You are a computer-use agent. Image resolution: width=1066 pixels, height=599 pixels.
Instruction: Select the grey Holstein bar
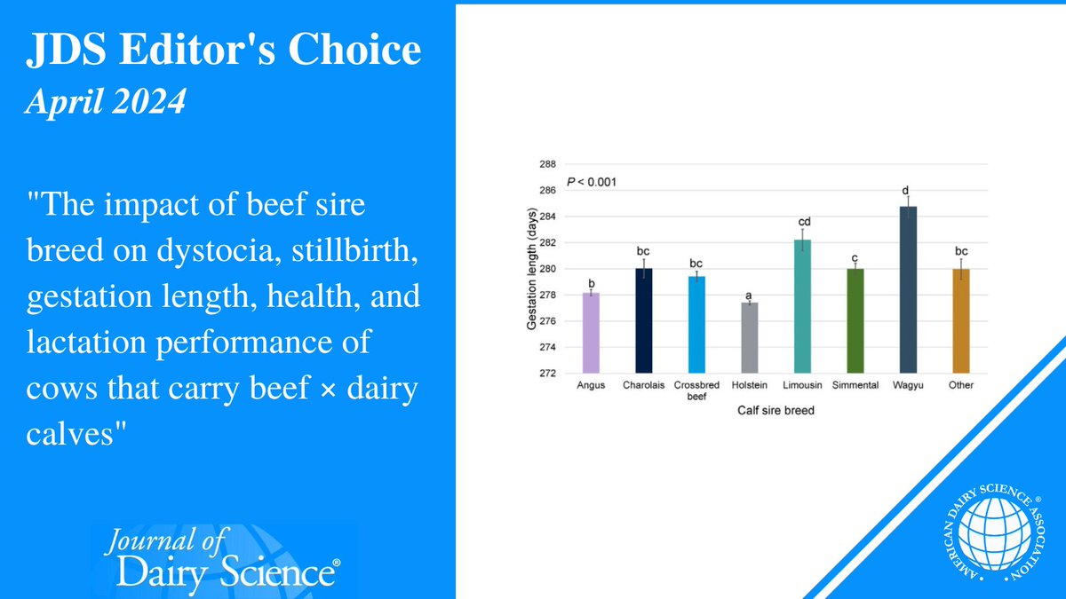(749, 337)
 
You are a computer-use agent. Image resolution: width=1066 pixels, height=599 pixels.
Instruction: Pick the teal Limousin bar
(801, 305)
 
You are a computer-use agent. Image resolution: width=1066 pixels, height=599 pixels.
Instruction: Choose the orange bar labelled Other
(960, 320)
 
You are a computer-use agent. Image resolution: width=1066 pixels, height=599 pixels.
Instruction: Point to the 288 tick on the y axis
(547, 164)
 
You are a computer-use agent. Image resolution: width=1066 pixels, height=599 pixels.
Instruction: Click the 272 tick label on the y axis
(547, 373)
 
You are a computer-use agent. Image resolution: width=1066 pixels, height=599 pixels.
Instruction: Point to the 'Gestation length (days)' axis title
(530, 268)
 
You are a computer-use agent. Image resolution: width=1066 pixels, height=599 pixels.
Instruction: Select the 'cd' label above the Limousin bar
(802, 222)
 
